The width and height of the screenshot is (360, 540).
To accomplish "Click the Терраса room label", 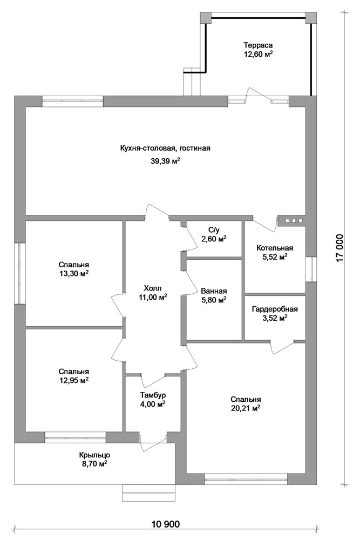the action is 258,45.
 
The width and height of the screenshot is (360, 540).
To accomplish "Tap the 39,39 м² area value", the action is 165,161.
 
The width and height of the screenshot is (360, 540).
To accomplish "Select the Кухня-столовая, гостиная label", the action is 165,148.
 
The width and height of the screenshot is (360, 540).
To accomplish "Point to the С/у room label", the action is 214,230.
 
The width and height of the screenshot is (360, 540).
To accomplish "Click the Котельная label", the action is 275,248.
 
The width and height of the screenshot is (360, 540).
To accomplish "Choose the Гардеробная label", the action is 275,309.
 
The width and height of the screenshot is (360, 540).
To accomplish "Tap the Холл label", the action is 152,288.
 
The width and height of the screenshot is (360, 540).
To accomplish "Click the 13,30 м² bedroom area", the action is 73,274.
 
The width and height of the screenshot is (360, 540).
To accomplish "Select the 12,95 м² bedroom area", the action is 73,381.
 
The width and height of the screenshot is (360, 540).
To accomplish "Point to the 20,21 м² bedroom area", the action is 246,408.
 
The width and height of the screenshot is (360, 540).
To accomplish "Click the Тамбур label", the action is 153,395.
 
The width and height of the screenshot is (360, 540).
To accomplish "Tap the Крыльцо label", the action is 94,455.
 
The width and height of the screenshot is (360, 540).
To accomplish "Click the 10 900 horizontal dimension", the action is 166,524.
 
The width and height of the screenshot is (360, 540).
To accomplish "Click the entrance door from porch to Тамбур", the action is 152,443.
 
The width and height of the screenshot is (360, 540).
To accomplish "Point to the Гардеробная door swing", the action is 282,347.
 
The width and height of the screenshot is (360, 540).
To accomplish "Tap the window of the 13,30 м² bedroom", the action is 19,274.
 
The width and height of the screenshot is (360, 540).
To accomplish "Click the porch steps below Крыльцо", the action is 148,493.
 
